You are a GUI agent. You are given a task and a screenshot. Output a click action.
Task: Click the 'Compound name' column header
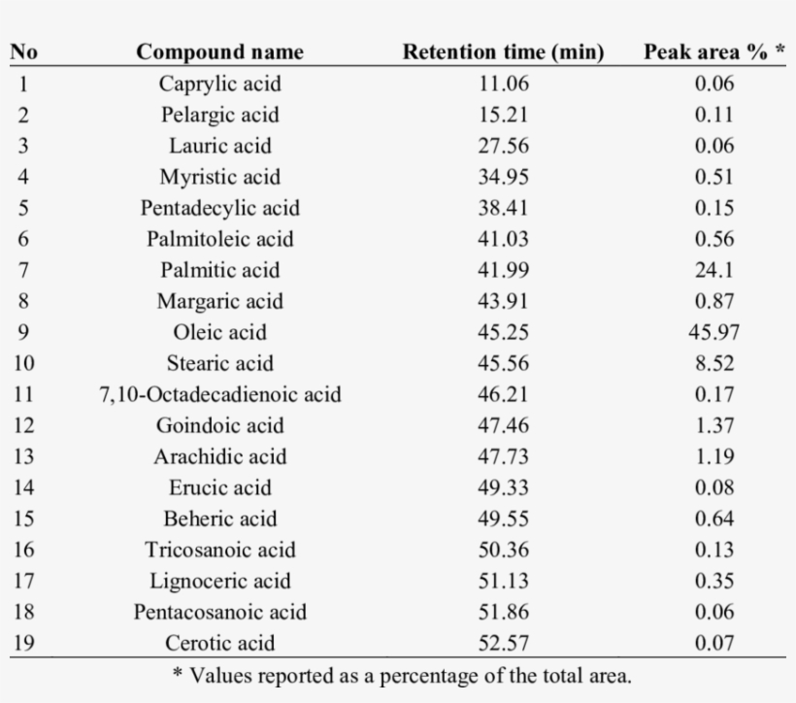[219, 52]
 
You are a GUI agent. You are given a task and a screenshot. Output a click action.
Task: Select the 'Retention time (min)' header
[504, 52]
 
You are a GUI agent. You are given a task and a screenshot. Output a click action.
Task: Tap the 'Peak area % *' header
[713, 52]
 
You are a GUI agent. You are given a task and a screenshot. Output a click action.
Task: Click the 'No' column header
[23, 52]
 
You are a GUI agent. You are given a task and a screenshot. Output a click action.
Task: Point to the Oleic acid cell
[219, 332]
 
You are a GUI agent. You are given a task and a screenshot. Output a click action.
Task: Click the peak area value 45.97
[714, 332]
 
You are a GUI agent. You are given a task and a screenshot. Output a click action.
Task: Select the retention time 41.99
[504, 270]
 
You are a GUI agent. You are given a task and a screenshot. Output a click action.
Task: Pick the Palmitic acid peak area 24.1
[714, 270]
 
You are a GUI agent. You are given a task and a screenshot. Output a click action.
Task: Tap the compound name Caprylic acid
[219, 84]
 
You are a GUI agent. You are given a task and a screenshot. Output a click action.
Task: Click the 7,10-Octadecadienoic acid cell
[219, 394]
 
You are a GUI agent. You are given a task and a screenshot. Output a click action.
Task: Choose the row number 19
[23, 643]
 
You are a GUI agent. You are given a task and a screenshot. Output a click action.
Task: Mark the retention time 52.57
[504, 643]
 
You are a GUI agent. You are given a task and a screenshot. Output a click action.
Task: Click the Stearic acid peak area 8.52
[714, 363]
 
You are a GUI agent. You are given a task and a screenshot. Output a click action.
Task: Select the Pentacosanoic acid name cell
[219, 612]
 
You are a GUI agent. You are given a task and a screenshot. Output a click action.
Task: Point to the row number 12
[23, 425]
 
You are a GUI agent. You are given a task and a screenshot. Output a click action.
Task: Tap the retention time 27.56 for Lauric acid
[504, 146]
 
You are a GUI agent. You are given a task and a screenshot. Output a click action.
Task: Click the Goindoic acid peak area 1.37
[714, 425]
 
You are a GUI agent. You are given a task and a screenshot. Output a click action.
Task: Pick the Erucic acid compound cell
[219, 487]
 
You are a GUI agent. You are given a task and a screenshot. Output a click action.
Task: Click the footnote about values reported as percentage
[401, 675]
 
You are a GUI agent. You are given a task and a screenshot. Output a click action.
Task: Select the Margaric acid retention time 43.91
[504, 301]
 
